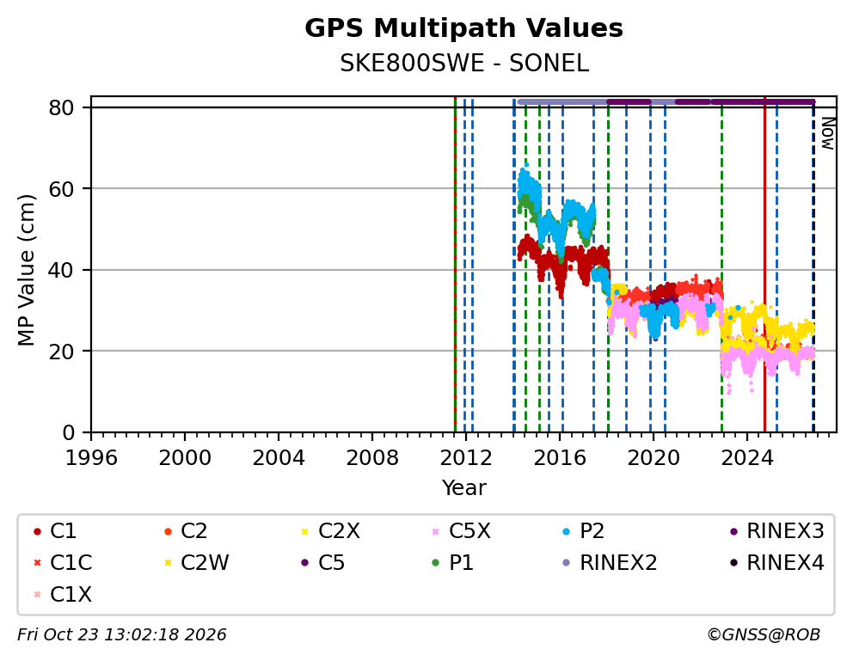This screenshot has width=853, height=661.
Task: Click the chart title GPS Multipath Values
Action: (463, 28)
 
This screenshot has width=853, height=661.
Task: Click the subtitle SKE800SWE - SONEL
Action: (464, 64)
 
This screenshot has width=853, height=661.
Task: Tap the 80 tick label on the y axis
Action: (61, 107)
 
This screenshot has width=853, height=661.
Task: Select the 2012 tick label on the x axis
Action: (466, 457)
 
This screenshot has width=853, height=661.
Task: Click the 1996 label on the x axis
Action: (91, 457)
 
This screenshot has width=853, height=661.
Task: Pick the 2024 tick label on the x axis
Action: (747, 457)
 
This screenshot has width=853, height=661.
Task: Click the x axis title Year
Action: (463, 487)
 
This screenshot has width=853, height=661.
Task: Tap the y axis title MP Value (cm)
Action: (26, 270)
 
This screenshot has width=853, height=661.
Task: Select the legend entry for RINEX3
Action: (777, 531)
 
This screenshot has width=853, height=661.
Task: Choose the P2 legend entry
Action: (584, 531)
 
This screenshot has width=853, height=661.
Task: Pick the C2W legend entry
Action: (197, 563)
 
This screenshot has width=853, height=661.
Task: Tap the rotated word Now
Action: (827, 133)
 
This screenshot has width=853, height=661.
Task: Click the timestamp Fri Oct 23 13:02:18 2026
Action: (122, 634)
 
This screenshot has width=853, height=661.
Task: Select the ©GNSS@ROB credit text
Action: (764, 634)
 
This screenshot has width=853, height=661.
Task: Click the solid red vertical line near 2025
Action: (764, 264)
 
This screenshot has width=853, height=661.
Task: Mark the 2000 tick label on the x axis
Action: (185, 457)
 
